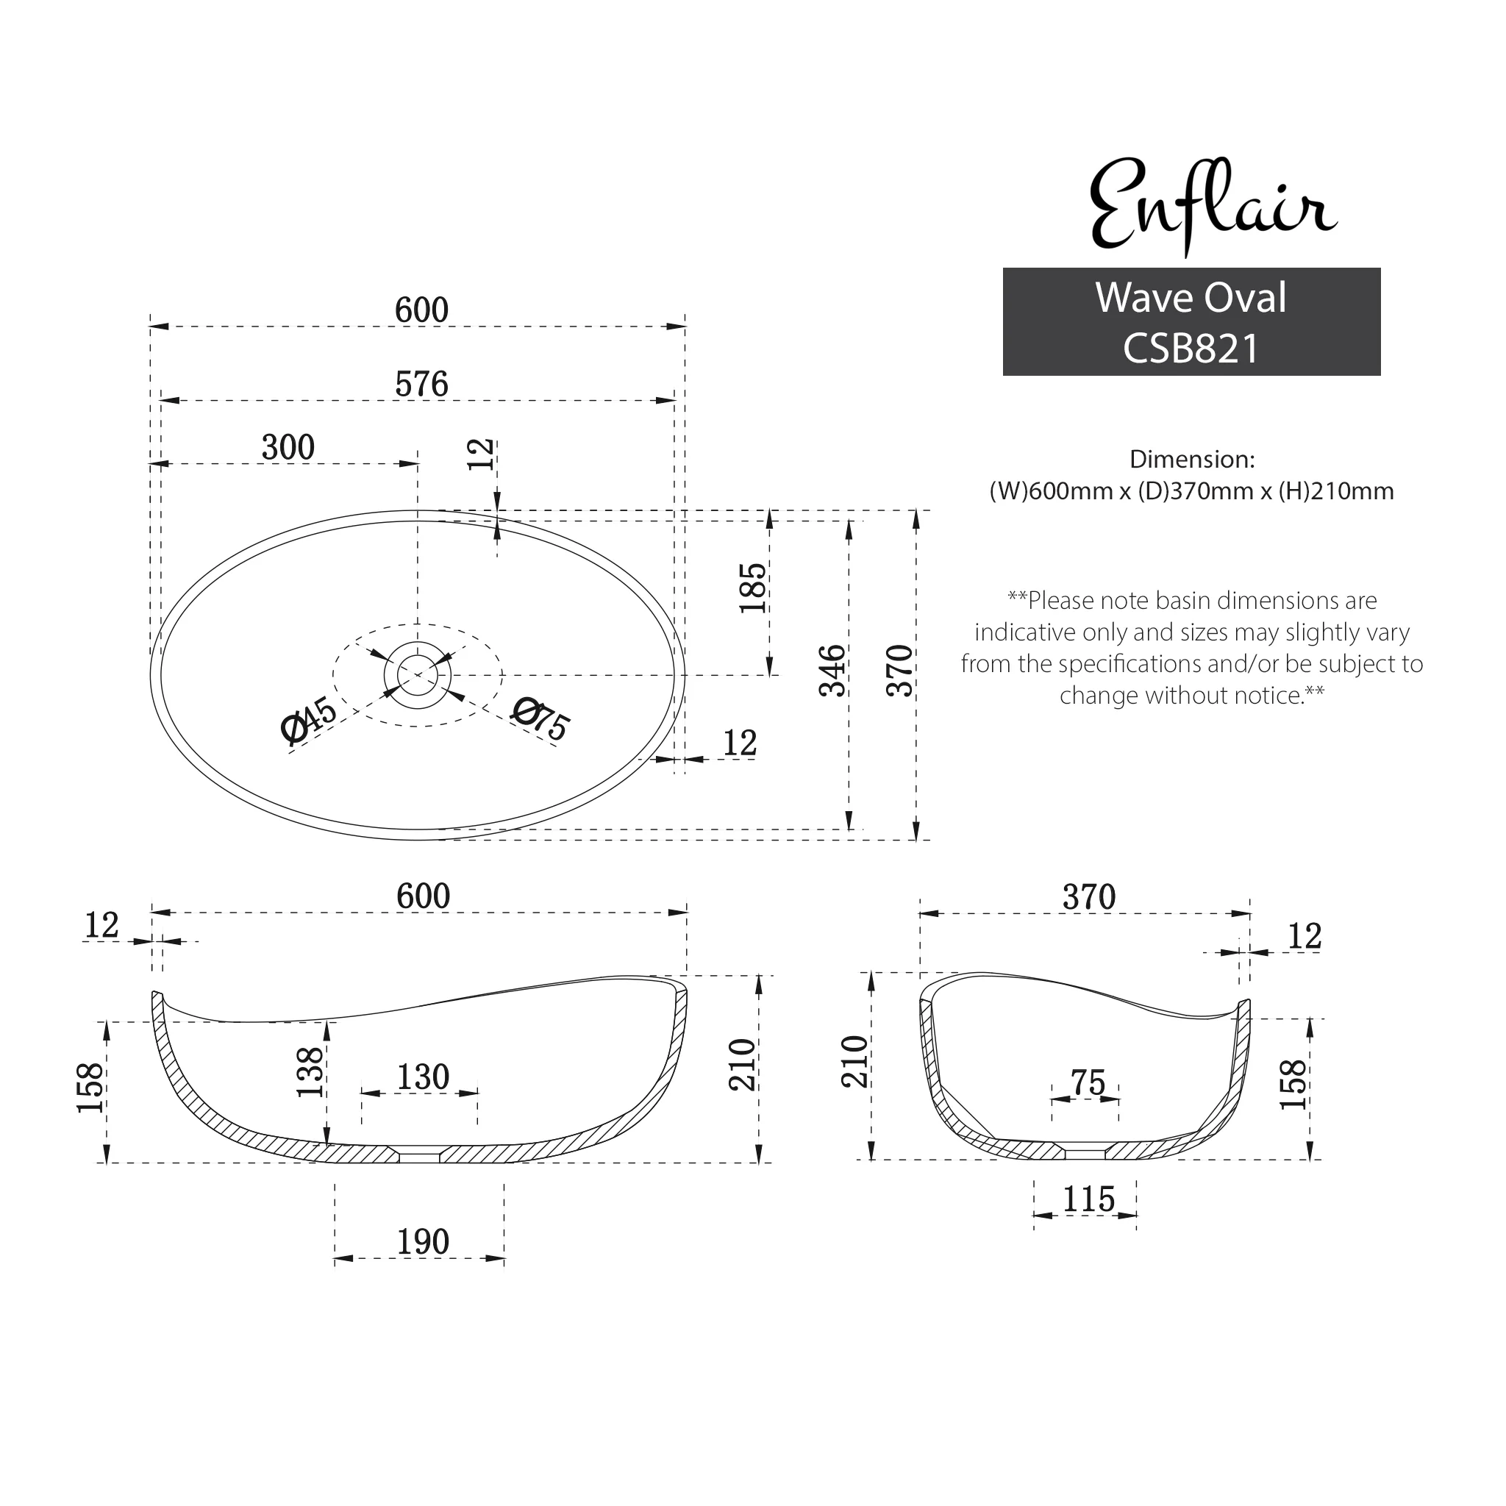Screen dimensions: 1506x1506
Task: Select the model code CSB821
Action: (x=1191, y=349)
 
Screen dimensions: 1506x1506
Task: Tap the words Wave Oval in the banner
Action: (x=1191, y=298)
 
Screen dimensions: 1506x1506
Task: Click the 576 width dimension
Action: (x=421, y=385)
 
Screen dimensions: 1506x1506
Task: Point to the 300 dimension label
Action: (x=288, y=447)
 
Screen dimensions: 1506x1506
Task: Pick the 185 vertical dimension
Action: (x=754, y=588)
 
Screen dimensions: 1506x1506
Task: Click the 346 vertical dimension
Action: (x=832, y=671)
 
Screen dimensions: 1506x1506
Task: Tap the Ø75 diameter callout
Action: (x=541, y=718)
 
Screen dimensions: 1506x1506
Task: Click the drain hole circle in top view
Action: (x=417, y=674)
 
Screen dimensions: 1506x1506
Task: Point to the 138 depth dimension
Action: (x=310, y=1073)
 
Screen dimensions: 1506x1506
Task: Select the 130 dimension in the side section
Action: (x=423, y=1077)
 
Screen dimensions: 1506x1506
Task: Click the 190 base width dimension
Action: (x=423, y=1242)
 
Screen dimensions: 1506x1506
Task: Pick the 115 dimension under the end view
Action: (x=1088, y=1199)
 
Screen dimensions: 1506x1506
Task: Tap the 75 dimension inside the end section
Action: (x=1088, y=1082)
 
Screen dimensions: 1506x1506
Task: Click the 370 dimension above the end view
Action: (x=1088, y=897)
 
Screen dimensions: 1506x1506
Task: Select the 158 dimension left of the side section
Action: (x=90, y=1088)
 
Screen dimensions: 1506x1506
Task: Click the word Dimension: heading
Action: (x=1192, y=459)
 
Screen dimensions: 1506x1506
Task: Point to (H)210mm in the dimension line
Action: (x=1336, y=491)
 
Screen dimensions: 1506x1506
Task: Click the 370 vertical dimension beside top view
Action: (x=900, y=671)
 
